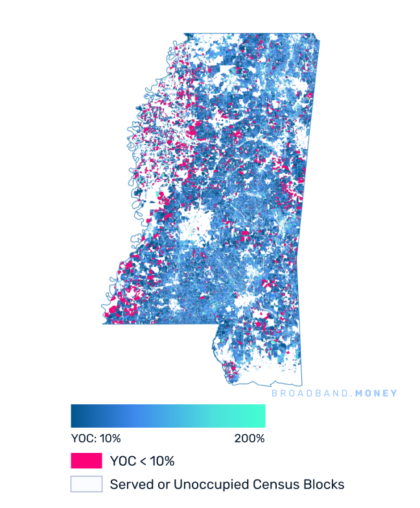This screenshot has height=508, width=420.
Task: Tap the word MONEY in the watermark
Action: pyautogui.click(x=376, y=393)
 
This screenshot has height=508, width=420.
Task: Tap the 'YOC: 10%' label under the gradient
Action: pyautogui.click(x=95, y=438)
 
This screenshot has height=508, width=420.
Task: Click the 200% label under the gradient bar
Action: pyautogui.click(x=249, y=438)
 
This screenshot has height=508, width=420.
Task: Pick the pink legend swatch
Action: pyautogui.click(x=86, y=461)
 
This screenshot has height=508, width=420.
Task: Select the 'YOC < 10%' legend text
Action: pyautogui.click(x=142, y=461)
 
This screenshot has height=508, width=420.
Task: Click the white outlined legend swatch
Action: pyautogui.click(x=86, y=484)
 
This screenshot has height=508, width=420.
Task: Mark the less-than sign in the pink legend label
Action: pyautogui.click(x=143, y=461)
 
